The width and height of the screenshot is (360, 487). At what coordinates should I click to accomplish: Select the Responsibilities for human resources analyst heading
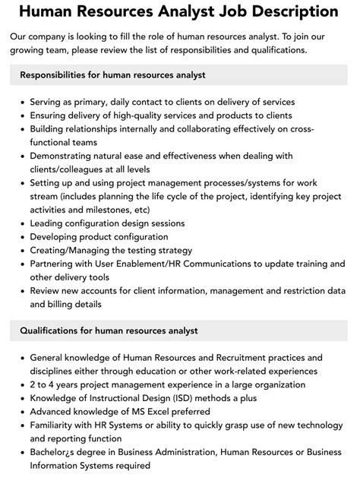[x=112, y=75]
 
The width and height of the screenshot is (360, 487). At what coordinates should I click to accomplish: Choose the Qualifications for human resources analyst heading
[x=109, y=330]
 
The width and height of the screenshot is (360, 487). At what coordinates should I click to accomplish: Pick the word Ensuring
[x=52, y=115]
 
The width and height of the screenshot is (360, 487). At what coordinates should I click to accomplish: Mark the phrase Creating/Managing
[x=74, y=250]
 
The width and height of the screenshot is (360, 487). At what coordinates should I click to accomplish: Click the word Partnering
[x=56, y=264]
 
